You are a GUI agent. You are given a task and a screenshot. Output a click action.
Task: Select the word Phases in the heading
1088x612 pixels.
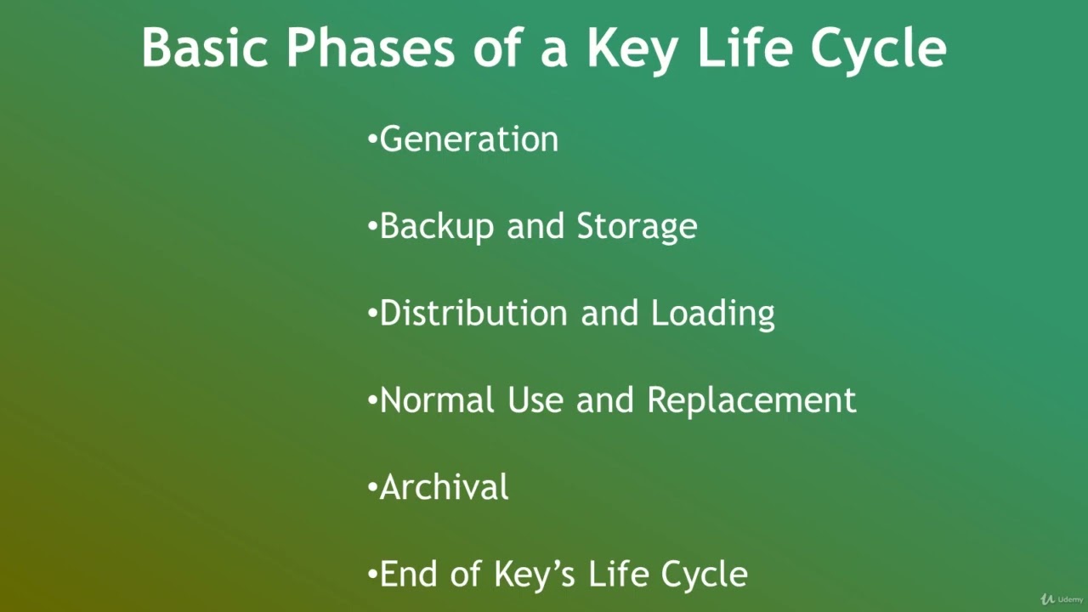pyautogui.click(x=371, y=48)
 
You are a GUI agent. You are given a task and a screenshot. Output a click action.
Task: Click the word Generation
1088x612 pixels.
pyautogui.click(x=468, y=139)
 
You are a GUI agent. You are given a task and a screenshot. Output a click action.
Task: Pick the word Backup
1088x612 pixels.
pyautogui.click(x=436, y=227)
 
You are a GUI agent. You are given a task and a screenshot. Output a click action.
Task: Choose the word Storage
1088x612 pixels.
pyautogui.click(x=637, y=227)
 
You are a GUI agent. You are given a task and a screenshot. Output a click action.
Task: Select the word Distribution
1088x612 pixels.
pyautogui.click(x=473, y=313)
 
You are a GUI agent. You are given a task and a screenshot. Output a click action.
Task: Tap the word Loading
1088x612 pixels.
pyautogui.click(x=712, y=314)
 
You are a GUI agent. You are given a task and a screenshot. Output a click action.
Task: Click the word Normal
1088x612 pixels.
pyautogui.click(x=438, y=399)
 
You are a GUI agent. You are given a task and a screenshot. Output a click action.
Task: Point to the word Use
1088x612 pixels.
pyautogui.click(x=535, y=399)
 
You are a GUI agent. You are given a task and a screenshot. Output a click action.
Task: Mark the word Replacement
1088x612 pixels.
pyautogui.click(x=751, y=401)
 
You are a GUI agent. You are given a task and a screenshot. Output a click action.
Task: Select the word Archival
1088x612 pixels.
pyautogui.click(x=444, y=487)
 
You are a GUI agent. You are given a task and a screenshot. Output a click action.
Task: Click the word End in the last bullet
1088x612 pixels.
pyautogui.click(x=408, y=574)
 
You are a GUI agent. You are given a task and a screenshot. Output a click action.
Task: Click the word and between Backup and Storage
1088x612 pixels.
pyautogui.click(x=535, y=227)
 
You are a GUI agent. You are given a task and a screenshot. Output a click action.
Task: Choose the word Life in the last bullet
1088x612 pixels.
pyautogui.click(x=618, y=574)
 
